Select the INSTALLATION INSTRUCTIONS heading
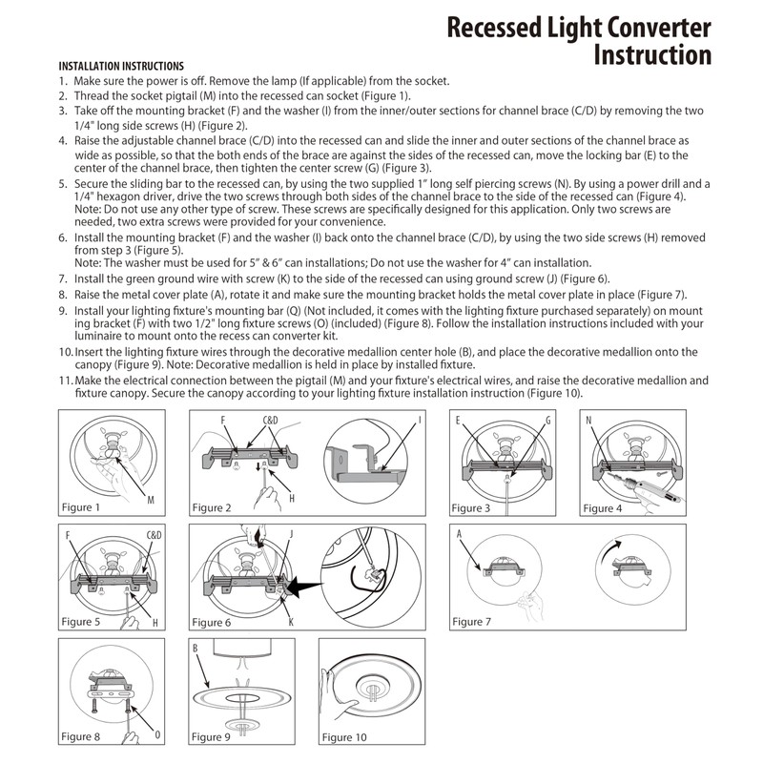pos(121,66)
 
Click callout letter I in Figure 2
pos(419,420)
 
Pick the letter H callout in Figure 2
pos(291,497)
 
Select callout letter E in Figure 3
pos(459,420)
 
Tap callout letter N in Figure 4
pos(589,420)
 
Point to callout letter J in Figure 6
pos(290,534)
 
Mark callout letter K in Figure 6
pos(291,621)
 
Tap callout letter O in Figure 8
pos(156,735)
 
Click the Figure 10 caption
pos(343,736)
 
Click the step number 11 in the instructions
pos(64,380)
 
